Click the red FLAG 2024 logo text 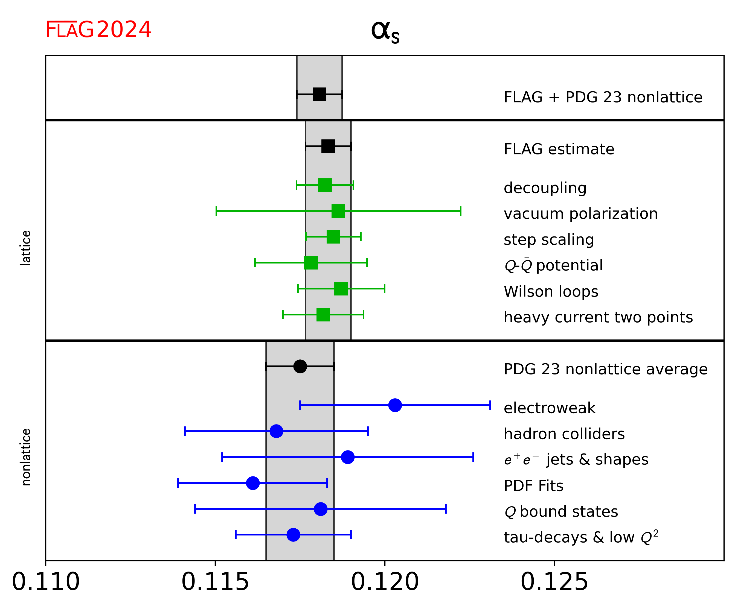(x=98, y=30)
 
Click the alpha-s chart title (x=385, y=32)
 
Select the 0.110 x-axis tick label (x=46, y=582)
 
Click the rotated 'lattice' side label (x=25, y=248)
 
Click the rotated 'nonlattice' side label (x=25, y=457)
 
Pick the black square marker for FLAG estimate (x=328, y=146)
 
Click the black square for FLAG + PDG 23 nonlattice (x=319, y=94)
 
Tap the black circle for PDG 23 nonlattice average (x=300, y=367)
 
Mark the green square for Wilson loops (x=341, y=289)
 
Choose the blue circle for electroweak (x=395, y=405)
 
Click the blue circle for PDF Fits (x=252, y=483)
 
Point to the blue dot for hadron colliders (x=276, y=431)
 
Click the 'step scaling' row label (x=548, y=240)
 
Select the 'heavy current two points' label (x=598, y=317)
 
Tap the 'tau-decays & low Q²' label (x=581, y=537)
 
